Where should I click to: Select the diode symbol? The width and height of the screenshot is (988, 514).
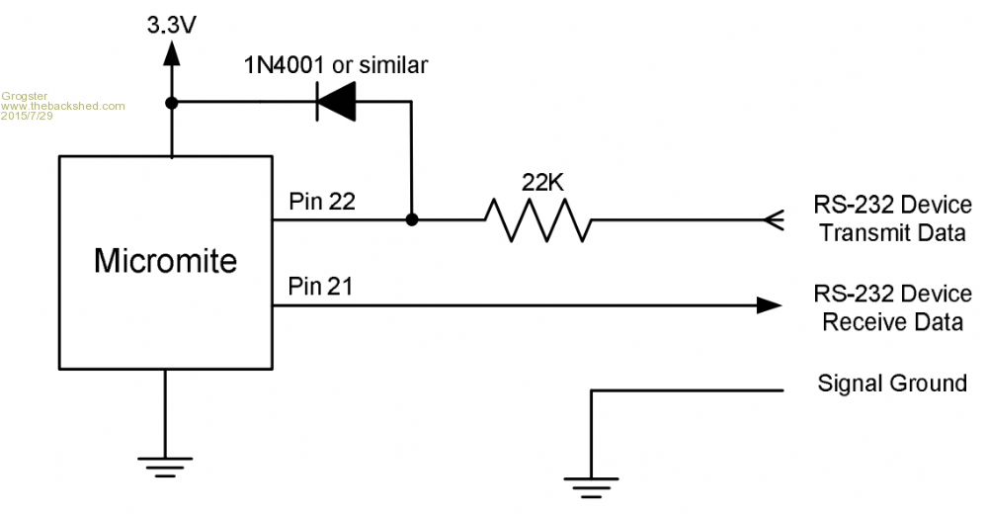click(x=335, y=102)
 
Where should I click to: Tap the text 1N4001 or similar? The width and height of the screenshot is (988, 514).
click(x=336, y=65)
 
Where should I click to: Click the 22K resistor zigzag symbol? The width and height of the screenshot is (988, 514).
click(x=538, y=219)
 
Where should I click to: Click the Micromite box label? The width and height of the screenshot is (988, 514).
click(x=165, y=261)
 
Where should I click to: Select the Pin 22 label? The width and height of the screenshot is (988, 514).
click(x=321, y=202)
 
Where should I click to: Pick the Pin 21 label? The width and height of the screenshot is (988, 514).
click(x=321, y=287)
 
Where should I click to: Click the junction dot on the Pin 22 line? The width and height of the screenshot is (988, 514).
click(x=411, y=219)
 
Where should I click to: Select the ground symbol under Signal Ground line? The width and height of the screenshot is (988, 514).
click(x=590, y=483)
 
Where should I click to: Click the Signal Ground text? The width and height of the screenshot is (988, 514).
click(x=892, y=384)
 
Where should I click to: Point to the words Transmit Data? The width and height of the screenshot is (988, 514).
click(x=891, y=233)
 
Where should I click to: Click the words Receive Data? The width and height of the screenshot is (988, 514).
click(x=892, y=321)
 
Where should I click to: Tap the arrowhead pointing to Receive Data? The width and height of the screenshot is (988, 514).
click(x=769, y=305)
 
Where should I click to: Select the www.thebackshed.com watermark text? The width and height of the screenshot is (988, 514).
click(x=63, y=105)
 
